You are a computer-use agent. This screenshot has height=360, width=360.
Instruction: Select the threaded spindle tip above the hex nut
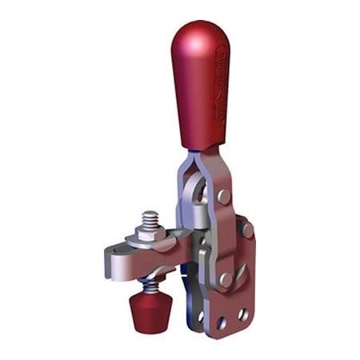[150, 217]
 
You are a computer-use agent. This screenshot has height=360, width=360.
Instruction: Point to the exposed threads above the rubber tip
[150, 285]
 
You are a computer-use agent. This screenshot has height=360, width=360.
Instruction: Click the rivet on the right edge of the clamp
[247, 230]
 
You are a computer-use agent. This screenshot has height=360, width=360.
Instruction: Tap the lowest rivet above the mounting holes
[226, 279]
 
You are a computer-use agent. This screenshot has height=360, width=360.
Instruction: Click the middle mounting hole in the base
[222, 323]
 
